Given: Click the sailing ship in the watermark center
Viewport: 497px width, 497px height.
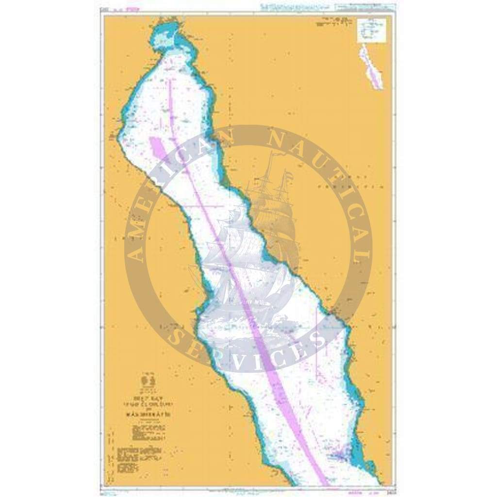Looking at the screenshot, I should pyautogui.click(x=252, y=243).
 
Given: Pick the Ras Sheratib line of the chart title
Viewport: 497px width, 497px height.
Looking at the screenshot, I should pyautogui.click(x=150, y=413).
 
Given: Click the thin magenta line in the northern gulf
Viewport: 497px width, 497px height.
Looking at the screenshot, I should pyautogui.click(x=171, y=102).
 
